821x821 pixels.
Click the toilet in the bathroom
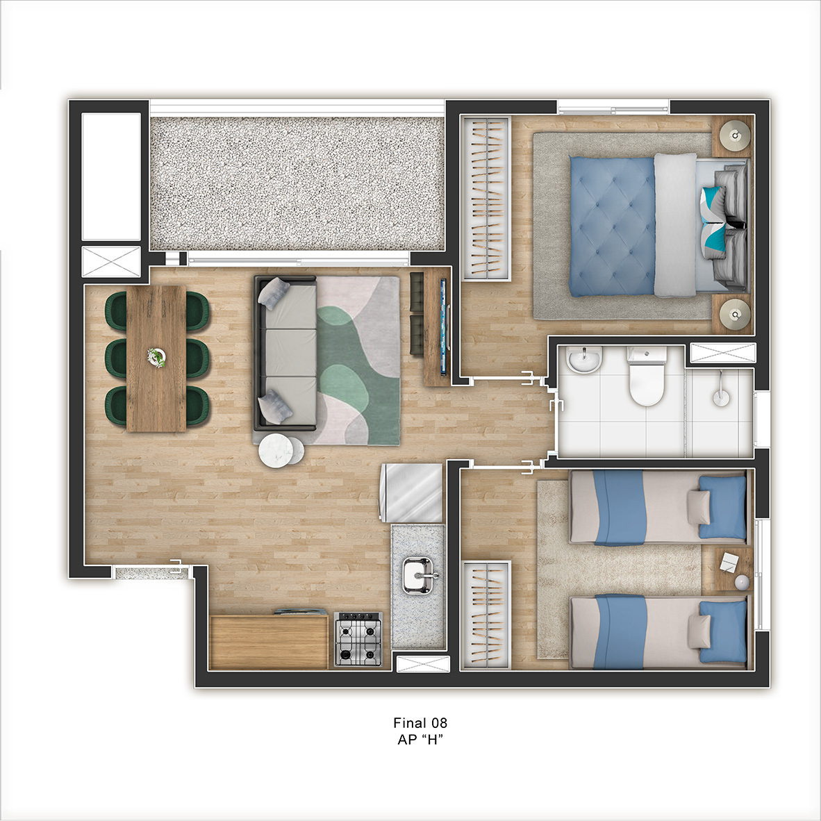coord(647,376)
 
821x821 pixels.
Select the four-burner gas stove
coord(358,639)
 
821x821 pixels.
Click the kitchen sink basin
coord(417,575)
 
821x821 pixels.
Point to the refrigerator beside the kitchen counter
coord(412,492)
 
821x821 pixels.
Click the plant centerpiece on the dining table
coord(156,358)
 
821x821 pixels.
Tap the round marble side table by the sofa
coord(276,450)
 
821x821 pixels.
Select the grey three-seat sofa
coord(286,354)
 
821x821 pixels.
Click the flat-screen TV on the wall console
coord(443,326)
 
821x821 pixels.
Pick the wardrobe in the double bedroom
coord(486,198)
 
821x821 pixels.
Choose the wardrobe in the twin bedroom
coord(486,615)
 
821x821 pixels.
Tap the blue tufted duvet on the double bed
coord(612,226)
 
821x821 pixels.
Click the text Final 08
coord(420,723)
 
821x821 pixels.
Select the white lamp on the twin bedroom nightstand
coord(742,582)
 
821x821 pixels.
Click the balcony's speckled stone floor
coord(297,183)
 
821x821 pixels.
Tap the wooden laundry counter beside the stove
coord(269,642)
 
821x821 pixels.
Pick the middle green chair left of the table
coord(116,358)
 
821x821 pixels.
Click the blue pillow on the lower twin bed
coord(723,631)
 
